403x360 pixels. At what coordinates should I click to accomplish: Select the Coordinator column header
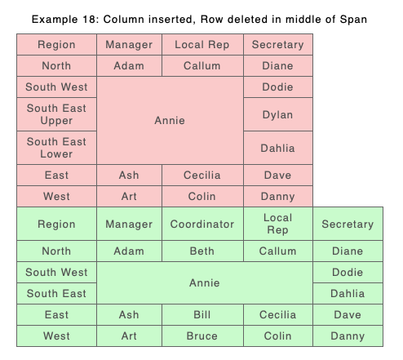[x=202, y=224]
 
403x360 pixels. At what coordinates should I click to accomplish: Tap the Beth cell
[x=202, y=251]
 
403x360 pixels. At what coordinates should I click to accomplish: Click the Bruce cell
[x=202, y=336]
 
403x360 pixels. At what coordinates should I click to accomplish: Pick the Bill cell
[x=202, y=314]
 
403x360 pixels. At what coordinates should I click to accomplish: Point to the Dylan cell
[x=278, y=114]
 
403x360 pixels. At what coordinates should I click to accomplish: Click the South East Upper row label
[x=56, y=114]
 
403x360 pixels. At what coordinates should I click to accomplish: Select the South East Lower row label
[x=56, y=148]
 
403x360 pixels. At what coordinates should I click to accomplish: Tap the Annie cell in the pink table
[x=170, y=120]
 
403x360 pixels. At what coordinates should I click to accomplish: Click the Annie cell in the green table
[x=205, y=282]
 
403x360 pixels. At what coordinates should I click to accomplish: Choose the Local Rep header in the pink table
[x=202, y=45]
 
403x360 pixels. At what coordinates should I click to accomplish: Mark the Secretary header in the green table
[x=348, y=224]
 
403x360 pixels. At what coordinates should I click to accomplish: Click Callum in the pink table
[x=202, y=66]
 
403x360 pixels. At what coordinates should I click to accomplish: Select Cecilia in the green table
[x=278, y=314]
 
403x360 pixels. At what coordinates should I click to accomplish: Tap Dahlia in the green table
[x=348, y=293]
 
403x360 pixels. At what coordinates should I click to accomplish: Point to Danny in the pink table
[x=278, y=196]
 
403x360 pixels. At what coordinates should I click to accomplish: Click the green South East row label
[x=56, y=293]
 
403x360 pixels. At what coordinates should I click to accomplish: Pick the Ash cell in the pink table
[x=129, y=175]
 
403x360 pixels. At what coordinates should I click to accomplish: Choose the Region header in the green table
[x=56, y=224]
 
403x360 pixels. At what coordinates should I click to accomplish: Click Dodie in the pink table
[x=278, y=87]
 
